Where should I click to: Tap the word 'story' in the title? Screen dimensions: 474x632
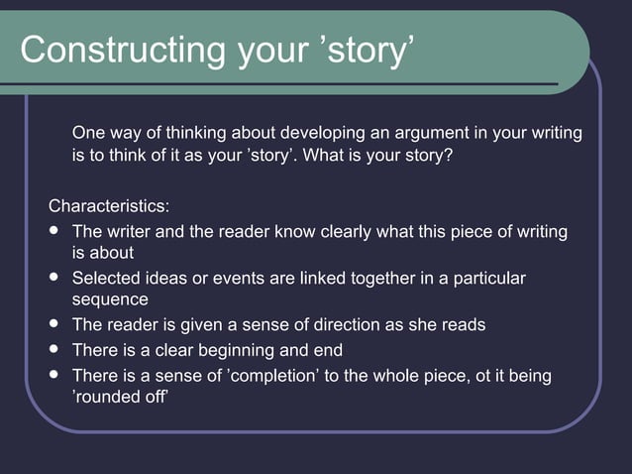(366, 51)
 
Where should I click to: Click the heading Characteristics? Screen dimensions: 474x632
(109, 206)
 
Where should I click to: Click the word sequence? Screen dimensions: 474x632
(110, 299)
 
